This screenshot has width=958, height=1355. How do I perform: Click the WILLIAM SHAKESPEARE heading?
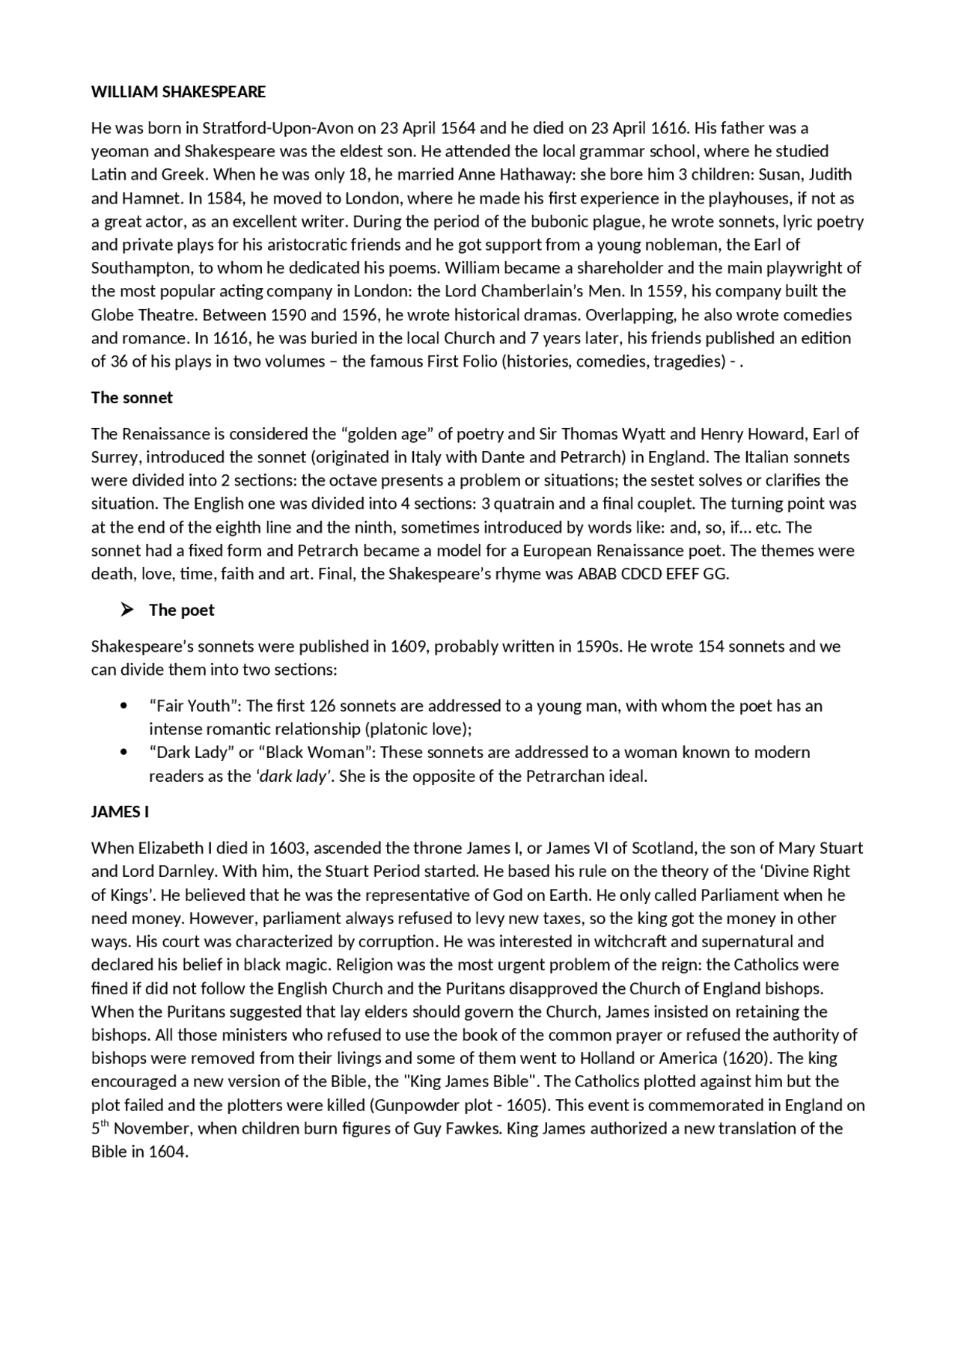point(178,92)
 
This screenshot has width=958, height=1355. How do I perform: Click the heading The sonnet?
point(132,398)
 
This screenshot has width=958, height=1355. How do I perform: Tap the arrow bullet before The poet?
point(126,610)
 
